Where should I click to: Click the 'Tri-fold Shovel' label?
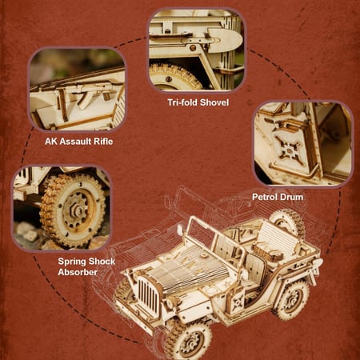(198, 102)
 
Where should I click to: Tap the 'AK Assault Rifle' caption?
(78, 142)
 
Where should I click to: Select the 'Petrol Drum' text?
(278, 197)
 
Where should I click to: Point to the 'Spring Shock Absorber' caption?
(86, 266)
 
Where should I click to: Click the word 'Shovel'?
(214, 102)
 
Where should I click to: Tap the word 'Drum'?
(292, 197)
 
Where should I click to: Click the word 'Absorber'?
(78, 272)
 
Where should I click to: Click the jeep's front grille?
(148, 294)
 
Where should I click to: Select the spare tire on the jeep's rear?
(287, 223)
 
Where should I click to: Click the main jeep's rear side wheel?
(291, 299)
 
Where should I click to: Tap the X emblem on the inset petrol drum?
(289, 150)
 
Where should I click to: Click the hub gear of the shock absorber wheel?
(77, 210)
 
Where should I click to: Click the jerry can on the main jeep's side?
(237, 302)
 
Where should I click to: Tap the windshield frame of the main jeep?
(217, 234)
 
